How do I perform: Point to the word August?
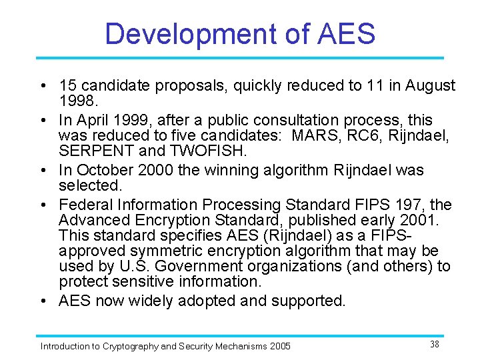[x=429, y=85]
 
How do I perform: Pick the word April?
[x=98, y=120]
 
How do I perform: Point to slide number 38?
[x=434, y=344]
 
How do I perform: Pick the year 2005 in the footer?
[x=279, y=346]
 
